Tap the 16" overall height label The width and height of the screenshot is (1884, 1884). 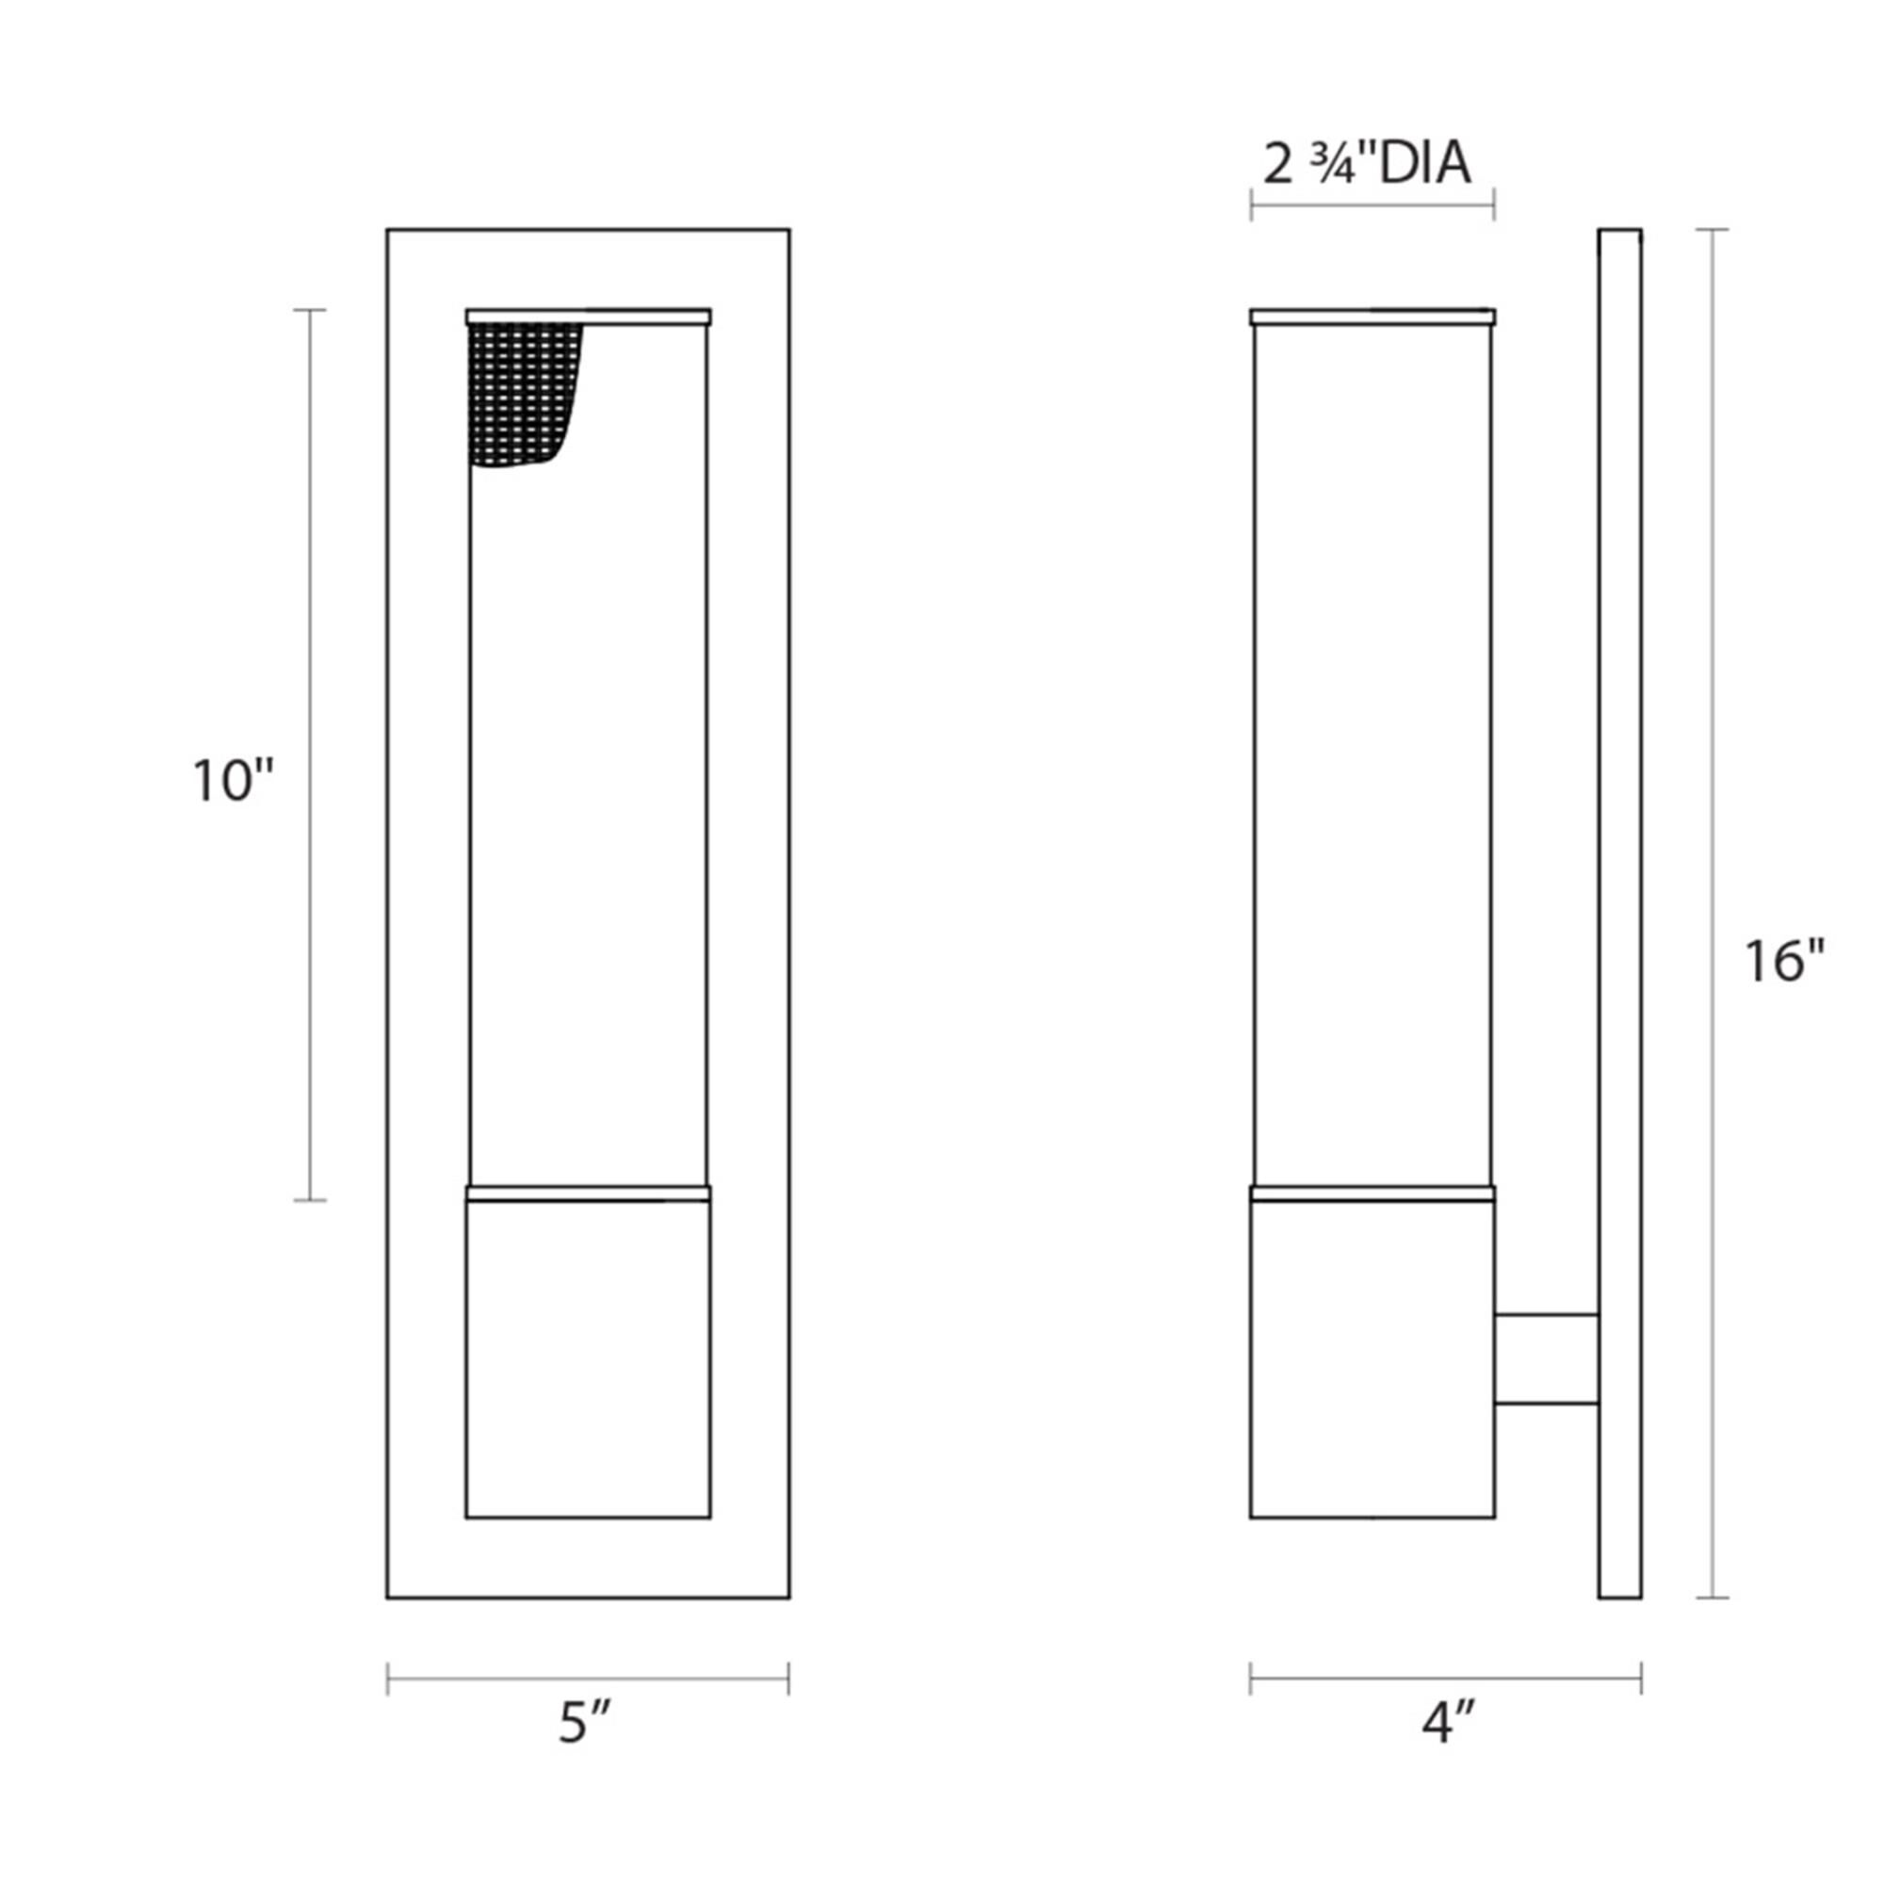(1783, 961)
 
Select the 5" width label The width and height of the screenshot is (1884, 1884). (585, 1748)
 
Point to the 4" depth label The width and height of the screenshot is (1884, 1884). (1448, 1748)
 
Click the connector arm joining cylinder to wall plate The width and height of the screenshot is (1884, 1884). (1547, 1359)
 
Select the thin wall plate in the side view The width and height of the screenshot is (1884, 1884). (1619, 914)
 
